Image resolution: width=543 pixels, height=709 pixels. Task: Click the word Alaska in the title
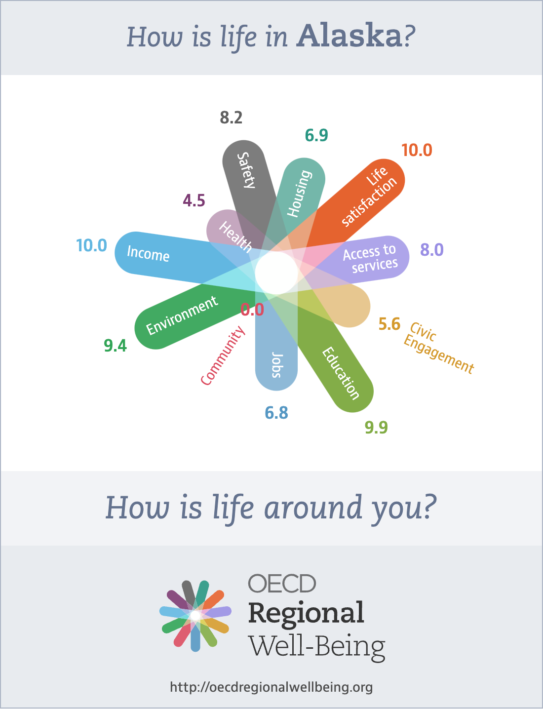point(349,36)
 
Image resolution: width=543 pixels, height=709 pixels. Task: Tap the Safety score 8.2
point(231,118)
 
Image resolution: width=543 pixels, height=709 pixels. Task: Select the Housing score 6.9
point(316,135)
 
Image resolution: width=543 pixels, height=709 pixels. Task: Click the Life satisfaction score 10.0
point(417,150)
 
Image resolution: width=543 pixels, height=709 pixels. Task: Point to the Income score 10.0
point(91,245)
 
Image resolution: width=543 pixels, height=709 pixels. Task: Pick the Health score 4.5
point(194,200)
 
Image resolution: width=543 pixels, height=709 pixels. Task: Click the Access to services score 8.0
point(432,250)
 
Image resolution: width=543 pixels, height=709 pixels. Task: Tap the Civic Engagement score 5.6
point(389,324)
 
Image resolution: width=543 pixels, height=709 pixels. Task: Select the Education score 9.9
point(376,427)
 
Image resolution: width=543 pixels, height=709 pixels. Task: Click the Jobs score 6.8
point(276,413)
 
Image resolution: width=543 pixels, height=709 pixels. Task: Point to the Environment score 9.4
point(115,346)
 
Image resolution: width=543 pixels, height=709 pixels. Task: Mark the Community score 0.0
point(252,310)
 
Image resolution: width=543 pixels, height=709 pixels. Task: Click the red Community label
point(223,355)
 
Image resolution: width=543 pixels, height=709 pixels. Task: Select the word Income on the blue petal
point(148,253)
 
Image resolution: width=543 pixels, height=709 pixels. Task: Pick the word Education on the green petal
point(341,373)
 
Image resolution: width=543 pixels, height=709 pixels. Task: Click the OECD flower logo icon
point(195,615)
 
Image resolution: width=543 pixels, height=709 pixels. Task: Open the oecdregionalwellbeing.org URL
point(271,687)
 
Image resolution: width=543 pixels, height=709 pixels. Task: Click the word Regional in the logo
point(306,613)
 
